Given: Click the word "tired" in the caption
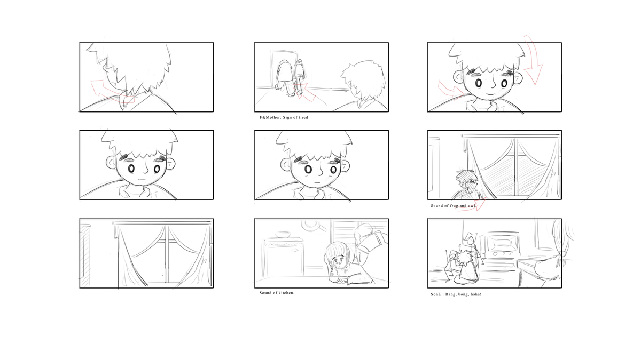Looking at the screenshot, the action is pos(303,117).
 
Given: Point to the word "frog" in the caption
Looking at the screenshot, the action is pos(453,206).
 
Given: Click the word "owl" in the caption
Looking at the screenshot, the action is pos(471,206).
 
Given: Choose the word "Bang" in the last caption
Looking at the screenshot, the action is pos(450,294).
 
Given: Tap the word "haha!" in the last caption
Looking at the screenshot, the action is pos(475,294).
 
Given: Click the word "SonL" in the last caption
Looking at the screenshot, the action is pos(435,294).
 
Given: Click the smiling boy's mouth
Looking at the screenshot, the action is pos(490,93).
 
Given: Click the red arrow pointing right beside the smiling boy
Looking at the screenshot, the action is pos(451,89).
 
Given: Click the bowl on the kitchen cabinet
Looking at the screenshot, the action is pos(283,234).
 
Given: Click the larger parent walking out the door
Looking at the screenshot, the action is pos(284,78).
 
